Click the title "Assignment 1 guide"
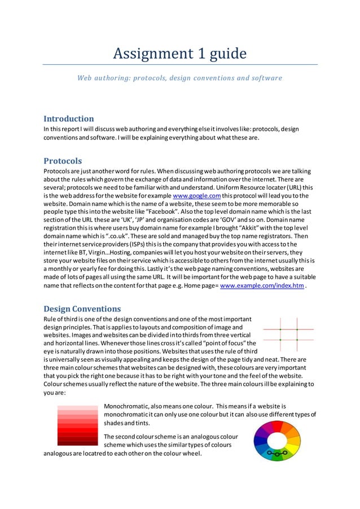179,54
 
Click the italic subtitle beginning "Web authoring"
179,78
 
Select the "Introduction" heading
69,119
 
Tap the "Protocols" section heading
63,161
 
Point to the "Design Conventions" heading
82,309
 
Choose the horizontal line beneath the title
179,64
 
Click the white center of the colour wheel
277,439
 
